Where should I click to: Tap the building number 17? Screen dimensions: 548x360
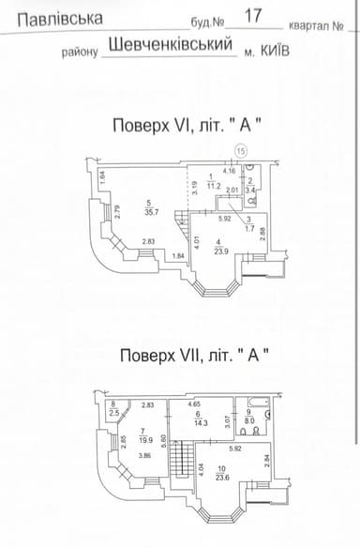[x=252, y=15]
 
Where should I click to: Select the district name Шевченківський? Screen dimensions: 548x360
[x=171, y=43]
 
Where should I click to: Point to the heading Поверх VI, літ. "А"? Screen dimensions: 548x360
[x=191, y=126]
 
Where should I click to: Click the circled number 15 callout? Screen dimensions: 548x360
[x=240, y=150]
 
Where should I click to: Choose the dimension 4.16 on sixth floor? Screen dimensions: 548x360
[x=229, y=171]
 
